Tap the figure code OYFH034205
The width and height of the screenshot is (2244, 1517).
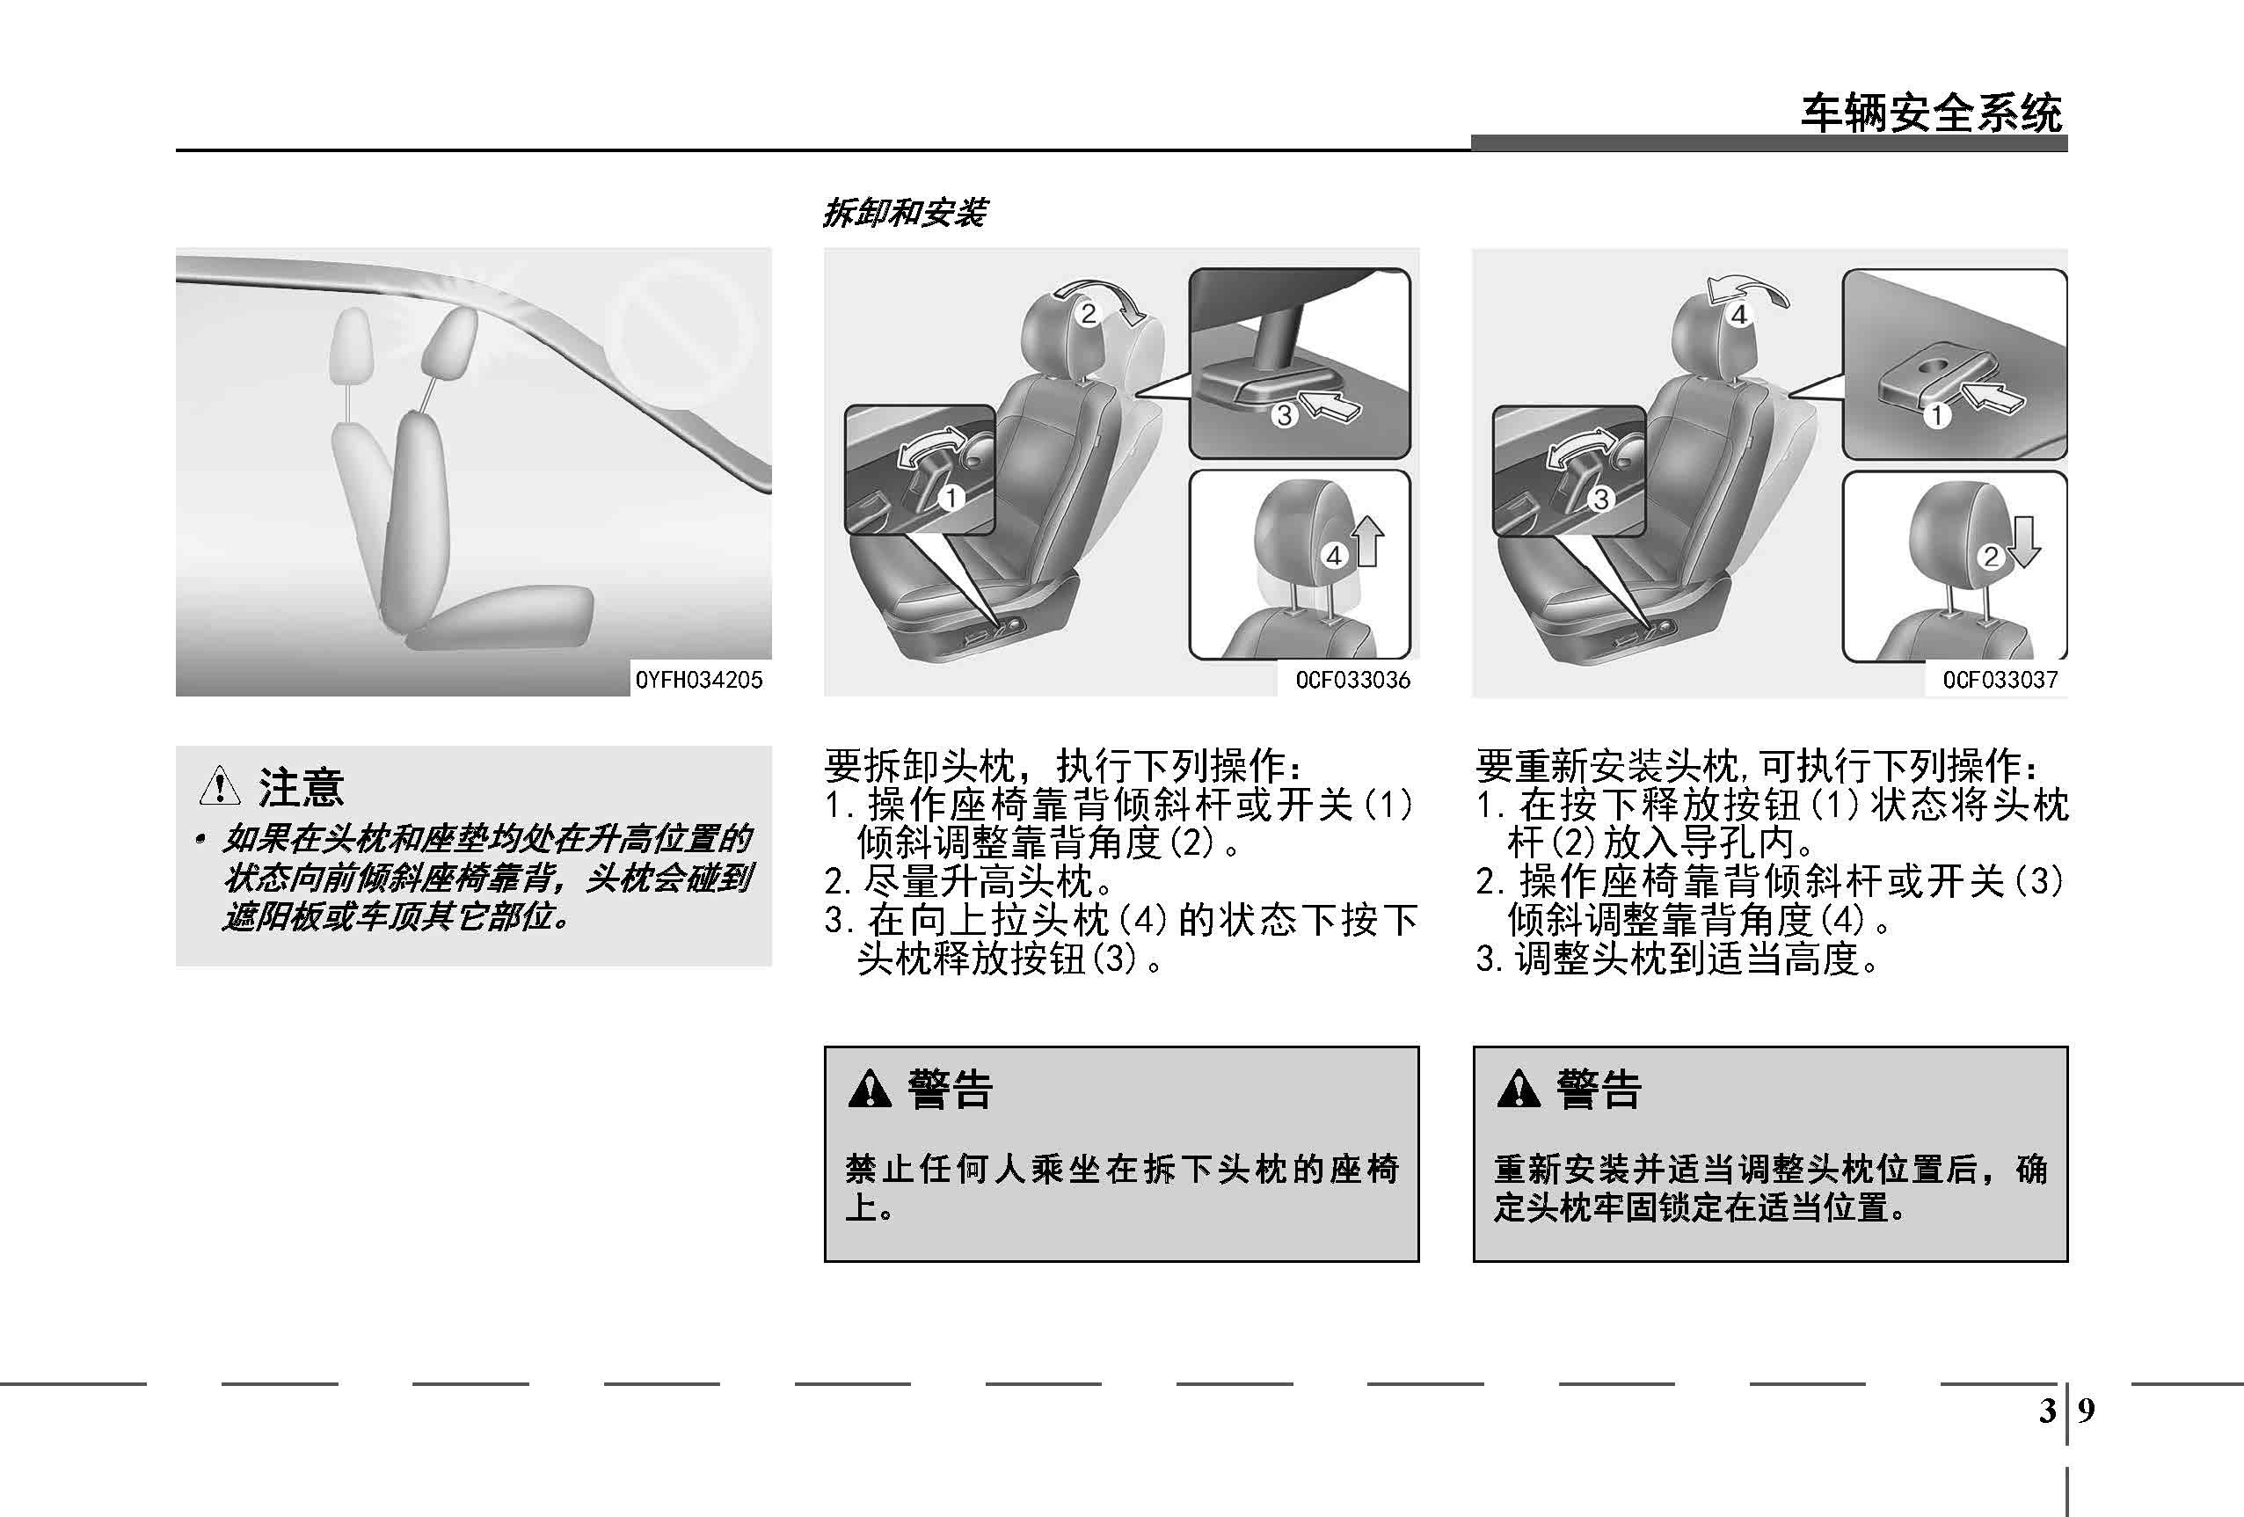(x=699, y=680)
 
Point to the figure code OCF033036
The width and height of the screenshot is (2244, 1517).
(x=1352, y=680)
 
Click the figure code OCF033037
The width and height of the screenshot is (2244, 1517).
(x=2000, y=680)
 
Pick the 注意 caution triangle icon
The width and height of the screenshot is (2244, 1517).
(x=219, y=785)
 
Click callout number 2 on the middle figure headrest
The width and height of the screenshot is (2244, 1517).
(x=1089, y=314)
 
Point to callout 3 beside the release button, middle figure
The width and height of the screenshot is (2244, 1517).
(x=1284, y=416)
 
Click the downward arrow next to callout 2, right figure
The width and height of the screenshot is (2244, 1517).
(x=2024, y=542)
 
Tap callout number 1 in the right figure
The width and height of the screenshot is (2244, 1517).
(x=1937, y=416)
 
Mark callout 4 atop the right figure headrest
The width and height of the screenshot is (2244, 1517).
(x=1739, y=315)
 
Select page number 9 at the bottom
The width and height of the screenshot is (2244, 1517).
(x=2087, y=1411)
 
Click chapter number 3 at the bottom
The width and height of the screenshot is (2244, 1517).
(x=2047, y=1411)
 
